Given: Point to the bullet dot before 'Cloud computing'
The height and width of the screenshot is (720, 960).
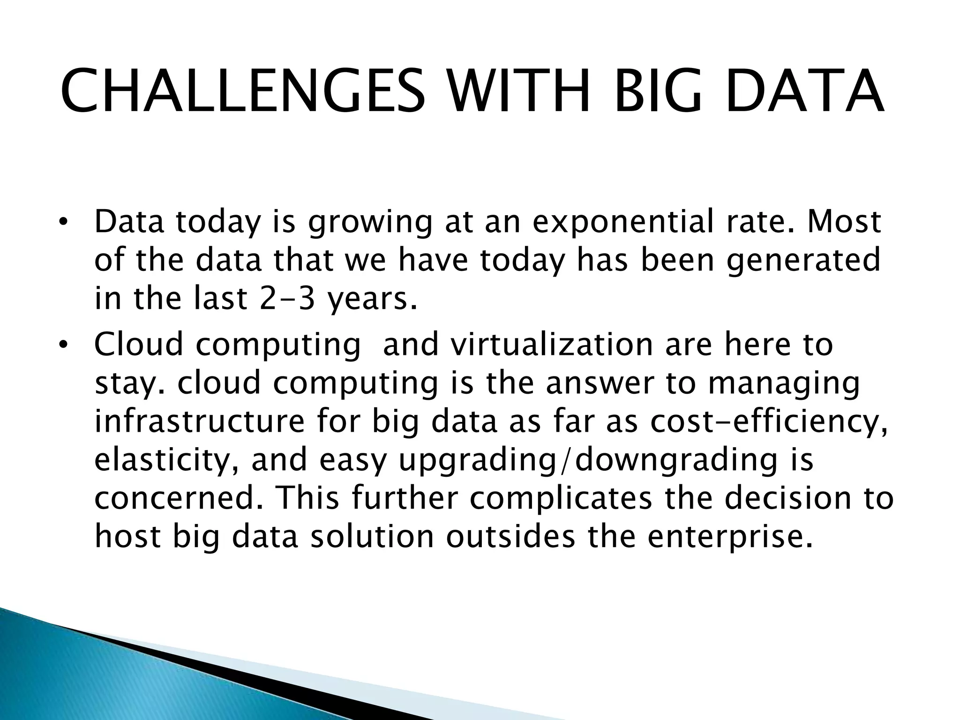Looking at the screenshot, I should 64,345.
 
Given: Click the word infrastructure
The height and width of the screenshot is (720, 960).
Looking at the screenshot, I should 200,421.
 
